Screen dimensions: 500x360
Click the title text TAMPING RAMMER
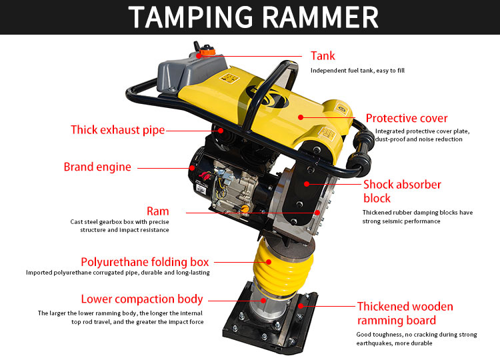253,17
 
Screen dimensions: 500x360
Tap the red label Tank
323,56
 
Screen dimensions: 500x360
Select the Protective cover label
407,118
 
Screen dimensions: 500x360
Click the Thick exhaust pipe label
117,130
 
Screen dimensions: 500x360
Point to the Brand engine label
97,167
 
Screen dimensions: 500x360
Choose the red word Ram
157,211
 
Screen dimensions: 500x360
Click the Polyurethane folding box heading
145,262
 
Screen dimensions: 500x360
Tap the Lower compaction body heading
142,299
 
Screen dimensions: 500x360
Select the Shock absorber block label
402,191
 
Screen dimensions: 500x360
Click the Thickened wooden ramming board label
405,313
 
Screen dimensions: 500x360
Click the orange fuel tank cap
207,51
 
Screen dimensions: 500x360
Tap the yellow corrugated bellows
283,269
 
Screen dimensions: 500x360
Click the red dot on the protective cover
301,117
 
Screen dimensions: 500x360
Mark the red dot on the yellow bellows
269,262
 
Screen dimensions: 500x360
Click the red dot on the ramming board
301,306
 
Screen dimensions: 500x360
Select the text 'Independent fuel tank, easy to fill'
357,71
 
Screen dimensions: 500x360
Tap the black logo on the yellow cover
267,96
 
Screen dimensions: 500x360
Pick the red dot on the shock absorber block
307,184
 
